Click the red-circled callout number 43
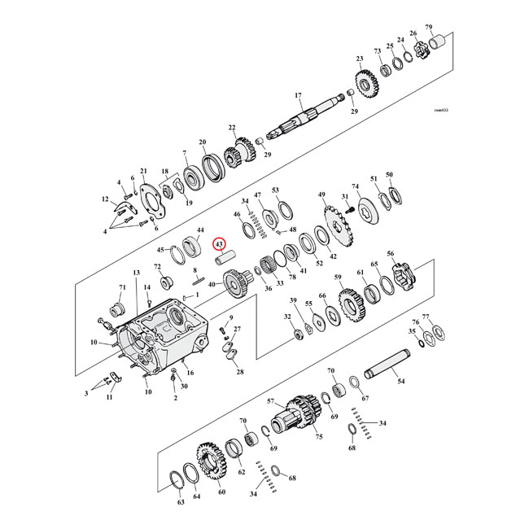click(219, 243)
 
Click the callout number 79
click(452, 27)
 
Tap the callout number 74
click(355, 186)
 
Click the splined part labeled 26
click(418, 50)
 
